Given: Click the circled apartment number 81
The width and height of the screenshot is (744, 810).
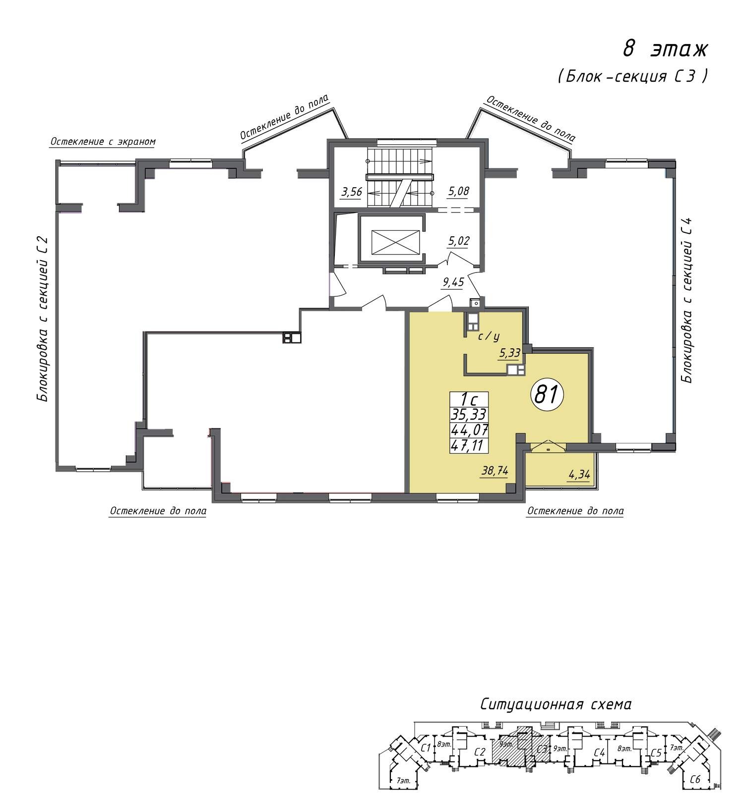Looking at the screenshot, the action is point(547,395).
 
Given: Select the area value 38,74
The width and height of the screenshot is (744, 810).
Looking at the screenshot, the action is point(495,471).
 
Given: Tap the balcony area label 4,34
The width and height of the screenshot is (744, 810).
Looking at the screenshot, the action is point(579,475).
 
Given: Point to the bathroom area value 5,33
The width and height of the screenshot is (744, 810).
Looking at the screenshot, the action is point(510,353).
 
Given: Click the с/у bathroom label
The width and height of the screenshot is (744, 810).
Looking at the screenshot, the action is point(489,336).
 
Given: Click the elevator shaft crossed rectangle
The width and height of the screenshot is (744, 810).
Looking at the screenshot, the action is point(395,242).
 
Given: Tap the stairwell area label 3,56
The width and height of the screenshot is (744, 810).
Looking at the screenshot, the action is point(352,192).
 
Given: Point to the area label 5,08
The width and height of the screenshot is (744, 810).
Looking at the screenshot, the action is point(458,191).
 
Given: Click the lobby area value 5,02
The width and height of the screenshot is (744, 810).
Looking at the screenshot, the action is point(459,241).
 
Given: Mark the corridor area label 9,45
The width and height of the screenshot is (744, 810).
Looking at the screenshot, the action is point(453,282).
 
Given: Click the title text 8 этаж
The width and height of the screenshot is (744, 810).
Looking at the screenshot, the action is point(665,49).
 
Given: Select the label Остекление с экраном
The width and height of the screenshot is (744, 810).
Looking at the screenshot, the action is point(103,142).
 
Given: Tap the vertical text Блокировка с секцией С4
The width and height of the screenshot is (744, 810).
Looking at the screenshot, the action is point(686,300).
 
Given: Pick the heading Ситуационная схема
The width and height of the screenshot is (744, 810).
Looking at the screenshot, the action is point(556,704).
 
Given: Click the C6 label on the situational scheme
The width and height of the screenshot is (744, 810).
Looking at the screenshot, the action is point(695,779).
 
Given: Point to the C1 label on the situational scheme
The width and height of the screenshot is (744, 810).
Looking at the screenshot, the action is point(425,748).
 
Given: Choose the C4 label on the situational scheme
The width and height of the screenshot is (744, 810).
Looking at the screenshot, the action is point(599,753).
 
